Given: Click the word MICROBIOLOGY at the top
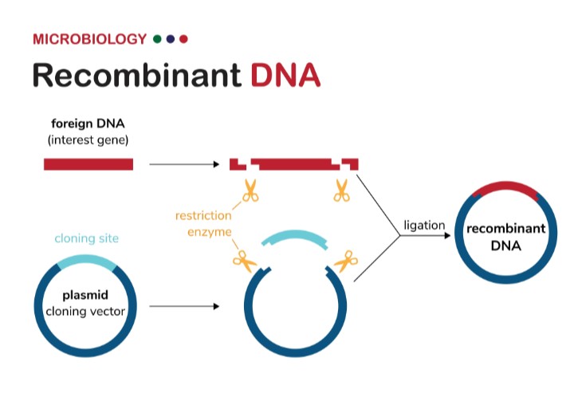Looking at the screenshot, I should [x=89, y=39].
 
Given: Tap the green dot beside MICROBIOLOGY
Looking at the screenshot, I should [x=158, y=39].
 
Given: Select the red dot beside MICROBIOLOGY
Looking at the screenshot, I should [x=183, y=39].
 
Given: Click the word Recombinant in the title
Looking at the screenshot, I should [x=136, y=76].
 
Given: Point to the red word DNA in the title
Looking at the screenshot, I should [x=285, y=76].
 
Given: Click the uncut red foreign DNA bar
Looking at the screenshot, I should [x=88, y=164].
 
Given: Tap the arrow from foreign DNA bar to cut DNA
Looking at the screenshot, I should [x=183, y=165].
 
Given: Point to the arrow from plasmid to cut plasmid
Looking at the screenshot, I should [x=183, y=306].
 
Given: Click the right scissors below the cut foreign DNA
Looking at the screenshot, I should [x=342, y=191].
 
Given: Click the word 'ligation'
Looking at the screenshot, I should [x=424, y=225].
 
